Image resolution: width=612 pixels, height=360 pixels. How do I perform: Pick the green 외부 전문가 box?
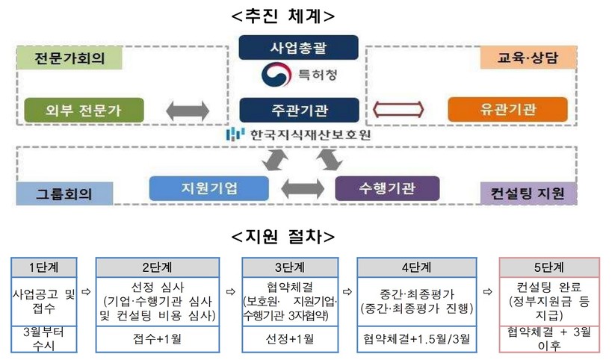coord(72,110)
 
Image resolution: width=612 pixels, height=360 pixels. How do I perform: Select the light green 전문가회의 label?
coord(67,58)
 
